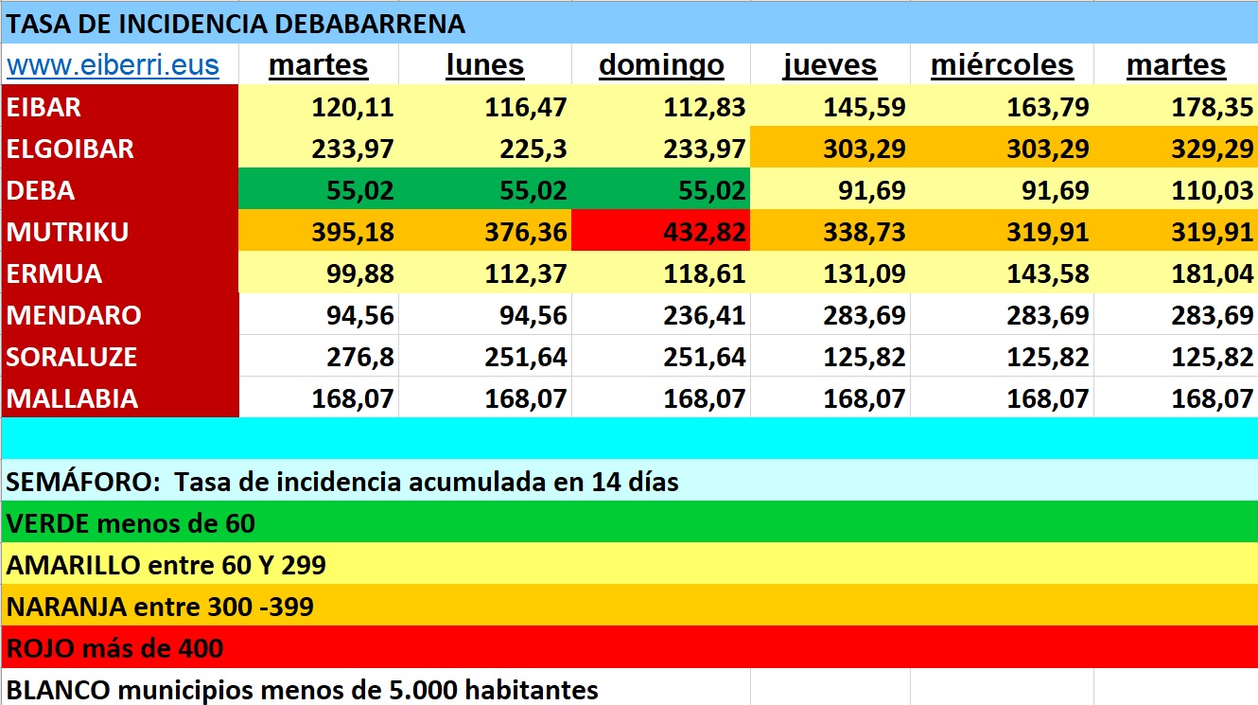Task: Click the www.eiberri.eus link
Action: (x=113, y=65)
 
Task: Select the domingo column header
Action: (x=661, y=65)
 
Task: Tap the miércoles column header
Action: (x=1002, y=65)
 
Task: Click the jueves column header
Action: (x=830, y=65)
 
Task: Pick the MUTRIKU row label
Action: (x=67, y=232)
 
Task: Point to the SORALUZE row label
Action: (x=72, y=357)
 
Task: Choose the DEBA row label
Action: (x=41, y=190)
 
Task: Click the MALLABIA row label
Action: (x=72, y=398)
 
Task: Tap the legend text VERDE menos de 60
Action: (x=131, y=522)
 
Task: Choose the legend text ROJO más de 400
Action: (x=114, y=647)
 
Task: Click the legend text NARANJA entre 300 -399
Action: (x=160, y=606)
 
